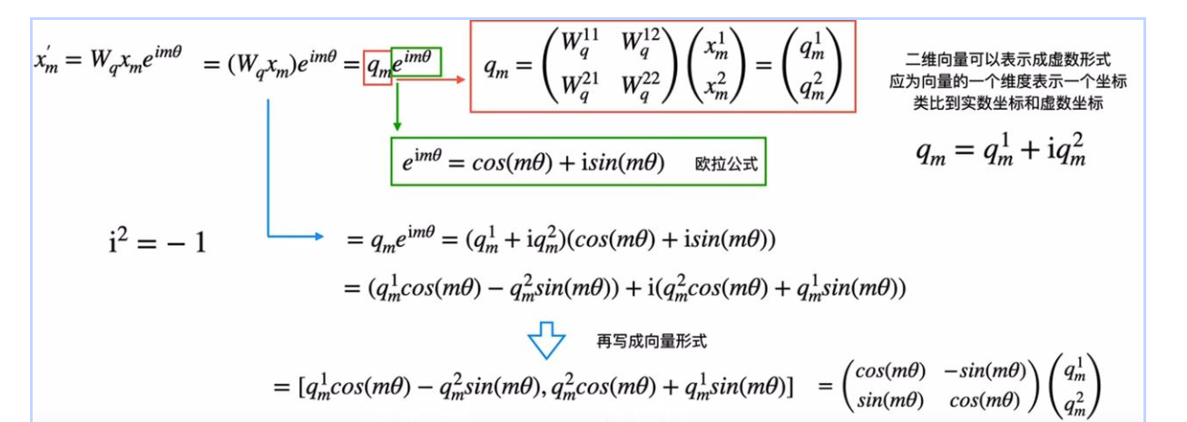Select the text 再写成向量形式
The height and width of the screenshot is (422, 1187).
click(651, 341)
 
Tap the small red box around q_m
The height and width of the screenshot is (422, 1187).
click(378, 67)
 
